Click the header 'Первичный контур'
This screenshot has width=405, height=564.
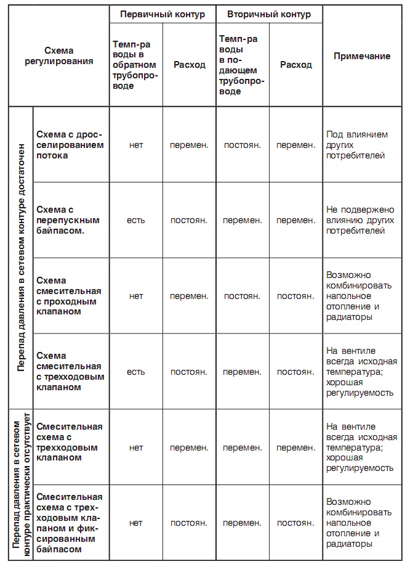pos(162,14)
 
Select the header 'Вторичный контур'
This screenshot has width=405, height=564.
pos(269,14)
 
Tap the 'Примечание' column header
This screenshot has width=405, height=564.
pos(362,56)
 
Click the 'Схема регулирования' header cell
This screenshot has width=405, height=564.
pos(68,56)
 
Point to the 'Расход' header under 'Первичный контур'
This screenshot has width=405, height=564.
pos(189,64)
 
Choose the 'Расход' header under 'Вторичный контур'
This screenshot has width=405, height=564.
pos(295,64)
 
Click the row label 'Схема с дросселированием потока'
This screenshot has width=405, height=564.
pos(70,145)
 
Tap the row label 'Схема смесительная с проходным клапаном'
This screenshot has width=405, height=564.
pos(68,296)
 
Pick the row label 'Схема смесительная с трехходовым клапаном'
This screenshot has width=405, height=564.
pos(70,372)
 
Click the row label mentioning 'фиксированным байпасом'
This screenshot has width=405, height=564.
pos(70,523)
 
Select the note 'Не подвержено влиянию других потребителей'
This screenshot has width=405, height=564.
pos(360,220)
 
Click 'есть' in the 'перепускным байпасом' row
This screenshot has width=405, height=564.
pos(135,220)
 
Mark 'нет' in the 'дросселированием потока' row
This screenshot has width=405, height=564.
pos(135,145)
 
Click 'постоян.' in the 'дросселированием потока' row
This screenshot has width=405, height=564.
pos(242,145)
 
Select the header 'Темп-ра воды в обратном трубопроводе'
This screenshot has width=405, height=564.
pos(135,65)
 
